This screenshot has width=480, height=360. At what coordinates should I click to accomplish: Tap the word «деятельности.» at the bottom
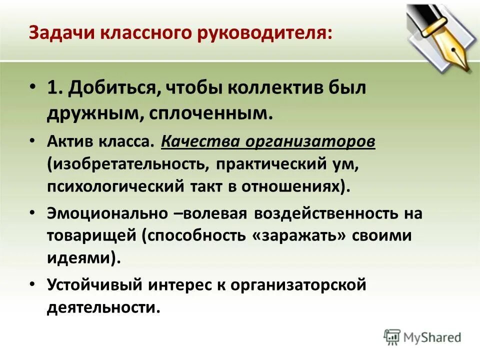(x=104, y=307)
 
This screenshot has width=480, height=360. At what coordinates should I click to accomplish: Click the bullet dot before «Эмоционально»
(x=32, y=213)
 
